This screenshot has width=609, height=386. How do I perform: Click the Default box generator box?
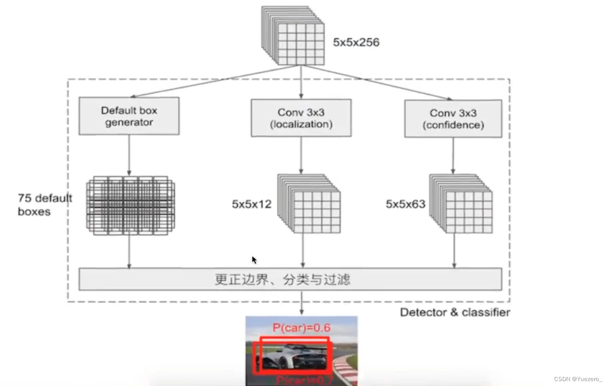coord(129,116)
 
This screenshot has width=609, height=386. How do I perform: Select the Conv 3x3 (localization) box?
coord(301,118)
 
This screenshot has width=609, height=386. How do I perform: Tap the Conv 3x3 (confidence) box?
coord(453,119)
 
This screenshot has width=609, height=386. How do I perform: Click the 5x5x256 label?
coord(356,43)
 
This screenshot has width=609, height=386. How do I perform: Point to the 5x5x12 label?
coord(252,204)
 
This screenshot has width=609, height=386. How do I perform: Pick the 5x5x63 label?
coord(405,204)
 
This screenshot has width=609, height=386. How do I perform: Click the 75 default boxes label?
coord(45,205)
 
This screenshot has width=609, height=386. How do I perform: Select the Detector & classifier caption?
coord(454,312)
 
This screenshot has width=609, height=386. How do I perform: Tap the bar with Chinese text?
coord(290,279)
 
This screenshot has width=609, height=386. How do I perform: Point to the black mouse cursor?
coord(254,260)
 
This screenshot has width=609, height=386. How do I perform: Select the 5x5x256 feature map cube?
coord(293,36)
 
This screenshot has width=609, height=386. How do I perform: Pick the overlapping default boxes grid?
coord(130,205)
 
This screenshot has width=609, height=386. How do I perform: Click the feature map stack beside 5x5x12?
coord(309,204)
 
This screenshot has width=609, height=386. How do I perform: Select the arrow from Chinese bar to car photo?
coord(302,303)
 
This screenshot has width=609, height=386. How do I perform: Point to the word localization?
coord(301,125)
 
